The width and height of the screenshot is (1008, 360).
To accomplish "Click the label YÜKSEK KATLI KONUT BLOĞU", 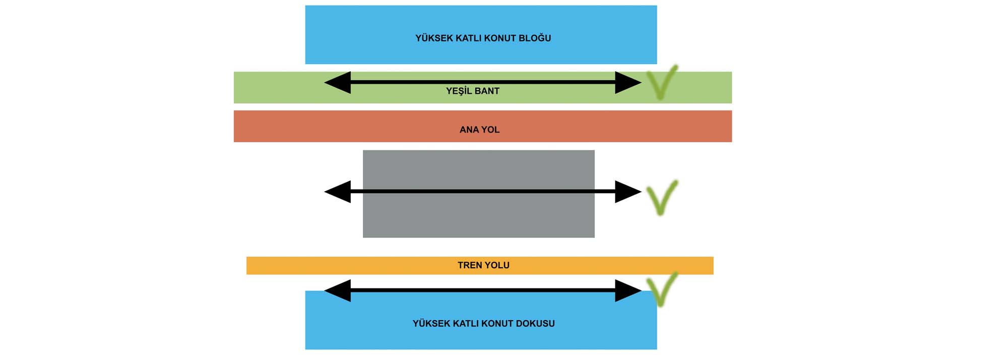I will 483,38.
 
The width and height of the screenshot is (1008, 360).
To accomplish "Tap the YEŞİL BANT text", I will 472,91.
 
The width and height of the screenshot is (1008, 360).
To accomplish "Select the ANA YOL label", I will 479,130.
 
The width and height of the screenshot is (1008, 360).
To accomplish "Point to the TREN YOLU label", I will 483,265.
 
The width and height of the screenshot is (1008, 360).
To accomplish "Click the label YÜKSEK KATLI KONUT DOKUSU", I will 483,324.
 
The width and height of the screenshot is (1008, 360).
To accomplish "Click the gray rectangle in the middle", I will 478,217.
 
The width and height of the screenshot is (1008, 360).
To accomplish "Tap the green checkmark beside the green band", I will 661,83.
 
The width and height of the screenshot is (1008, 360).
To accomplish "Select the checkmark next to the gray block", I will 661,197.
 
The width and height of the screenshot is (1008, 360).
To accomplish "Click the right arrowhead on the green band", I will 627,82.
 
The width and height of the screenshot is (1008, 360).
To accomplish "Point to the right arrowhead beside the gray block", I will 627,192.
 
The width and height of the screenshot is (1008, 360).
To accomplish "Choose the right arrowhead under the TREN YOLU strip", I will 627,290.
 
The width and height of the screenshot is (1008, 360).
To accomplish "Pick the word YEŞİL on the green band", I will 458,91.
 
